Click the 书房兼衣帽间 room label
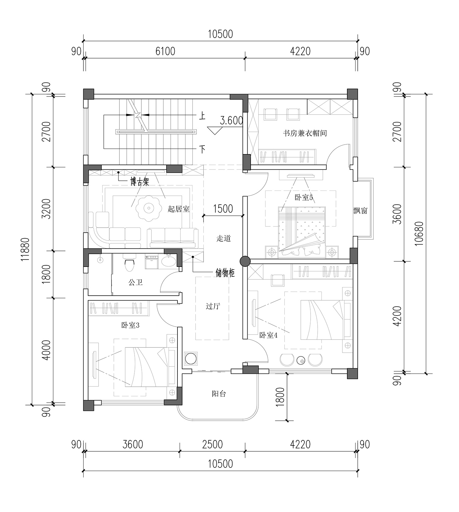coord(305,133)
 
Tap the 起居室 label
coord(179,209)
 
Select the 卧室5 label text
coord(304,197)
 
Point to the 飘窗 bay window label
coord(360,211)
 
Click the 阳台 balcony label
coord(219,394)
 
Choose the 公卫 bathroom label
coord(136,282)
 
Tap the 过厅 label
coord(213,306)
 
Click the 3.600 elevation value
coord(232,120)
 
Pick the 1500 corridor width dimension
coord(223,209)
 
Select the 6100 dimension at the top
coord(165,51)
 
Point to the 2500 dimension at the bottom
coord(212,444)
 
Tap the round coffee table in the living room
coord(149,208)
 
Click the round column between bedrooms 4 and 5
coord(245,261)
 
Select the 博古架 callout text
coord(140,182)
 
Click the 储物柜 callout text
coord(225,273)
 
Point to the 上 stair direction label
coord(202,116)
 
